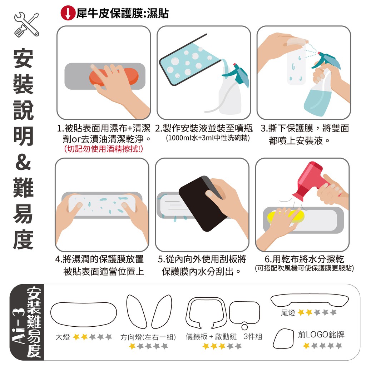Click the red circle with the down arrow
pos(68,13)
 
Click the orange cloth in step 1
pos(114,77)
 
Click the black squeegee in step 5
pos(203,203)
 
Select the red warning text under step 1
pos(103,149)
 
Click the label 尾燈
pos(288,312)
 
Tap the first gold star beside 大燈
pos(76,337)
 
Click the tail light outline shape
pos(310,300)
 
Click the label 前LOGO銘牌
pos(321,335)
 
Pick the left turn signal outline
pos(136,311)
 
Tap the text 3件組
pos(253,337)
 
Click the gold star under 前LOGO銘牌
pos(306,346)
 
